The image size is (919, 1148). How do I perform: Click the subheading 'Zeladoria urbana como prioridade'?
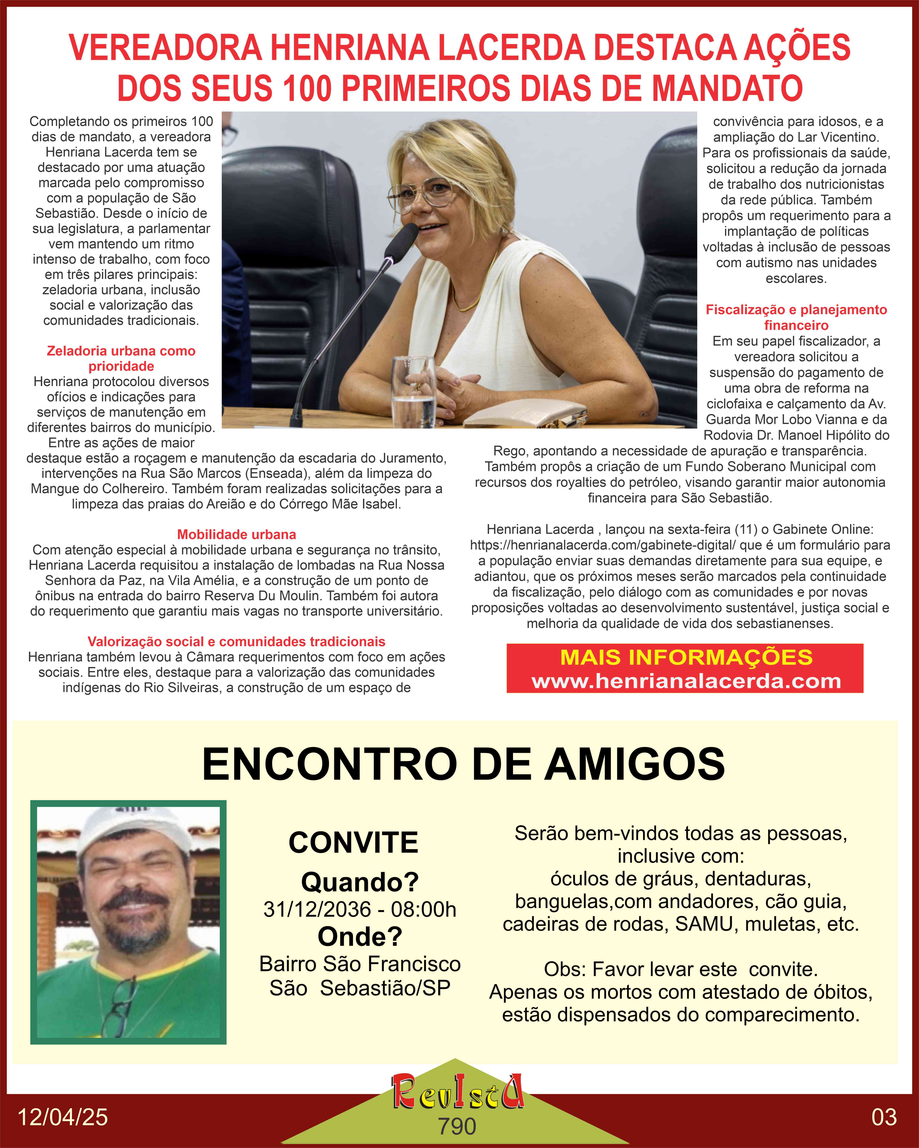pyautogui.click(x=121, y=358)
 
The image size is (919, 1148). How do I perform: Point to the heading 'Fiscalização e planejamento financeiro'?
pyautogui.click(x=796, y=317)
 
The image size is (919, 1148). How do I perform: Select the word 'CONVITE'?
pyautogui.click(x=353, y=842)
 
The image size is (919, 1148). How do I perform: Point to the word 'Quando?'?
pyautogui.click(x=360, y=882)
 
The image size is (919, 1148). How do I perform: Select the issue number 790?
pyautogui.click(x=457, y=1126)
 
